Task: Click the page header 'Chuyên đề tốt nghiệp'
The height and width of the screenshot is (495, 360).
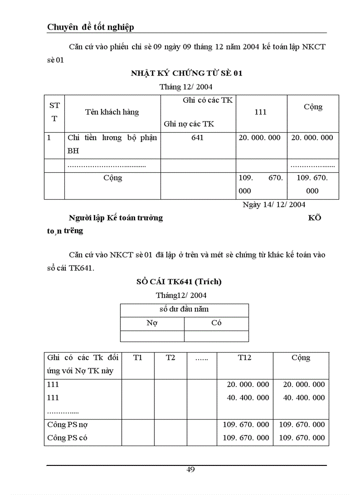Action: (90, 27)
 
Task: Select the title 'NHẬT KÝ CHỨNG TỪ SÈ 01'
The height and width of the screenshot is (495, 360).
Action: (186, 73)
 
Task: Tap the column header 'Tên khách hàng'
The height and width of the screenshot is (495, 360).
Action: (112, 112)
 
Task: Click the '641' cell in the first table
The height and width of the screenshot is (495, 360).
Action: (198, 138)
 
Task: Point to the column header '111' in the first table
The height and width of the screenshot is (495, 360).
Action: (261, 112)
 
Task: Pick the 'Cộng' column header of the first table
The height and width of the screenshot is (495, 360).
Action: (313, 107)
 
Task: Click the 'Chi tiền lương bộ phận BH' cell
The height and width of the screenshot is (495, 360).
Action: (112, 144)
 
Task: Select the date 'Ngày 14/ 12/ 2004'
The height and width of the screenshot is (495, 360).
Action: (274, 205)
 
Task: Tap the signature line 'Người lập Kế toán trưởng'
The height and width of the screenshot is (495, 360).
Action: (116, 218)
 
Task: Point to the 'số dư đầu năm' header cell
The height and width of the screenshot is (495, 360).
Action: (184, 309)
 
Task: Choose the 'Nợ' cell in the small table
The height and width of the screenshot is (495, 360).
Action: (152, 323)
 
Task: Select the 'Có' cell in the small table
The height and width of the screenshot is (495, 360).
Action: (216, 323)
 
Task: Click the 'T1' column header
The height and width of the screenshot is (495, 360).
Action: (138, 358)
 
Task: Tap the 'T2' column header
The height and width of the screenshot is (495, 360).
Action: (170, 358)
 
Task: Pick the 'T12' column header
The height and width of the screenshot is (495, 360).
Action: (244, 358)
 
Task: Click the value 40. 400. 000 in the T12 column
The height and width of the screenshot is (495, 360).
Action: (248, 398)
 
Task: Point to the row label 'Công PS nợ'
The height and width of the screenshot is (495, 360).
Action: (64, 424)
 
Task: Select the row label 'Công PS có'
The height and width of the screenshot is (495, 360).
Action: (64, 438)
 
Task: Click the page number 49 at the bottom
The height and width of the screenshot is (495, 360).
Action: (190, 469)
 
